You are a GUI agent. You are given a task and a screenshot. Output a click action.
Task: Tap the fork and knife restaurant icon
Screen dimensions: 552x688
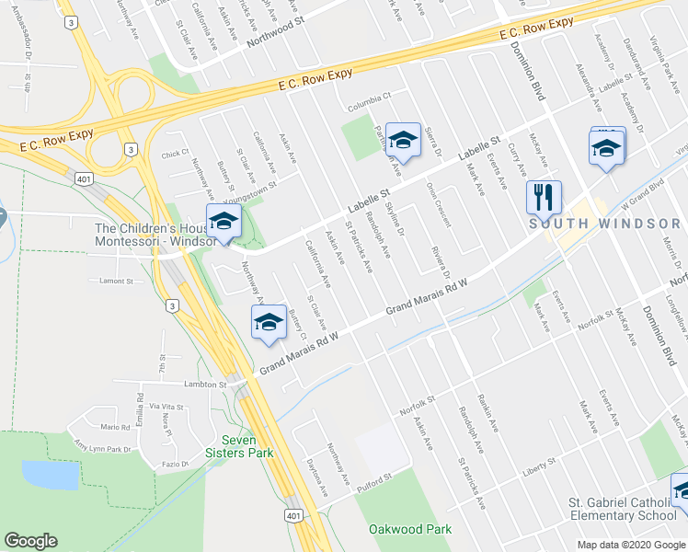point(540,196)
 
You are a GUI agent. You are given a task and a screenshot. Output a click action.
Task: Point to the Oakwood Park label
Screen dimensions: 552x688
point(410,529)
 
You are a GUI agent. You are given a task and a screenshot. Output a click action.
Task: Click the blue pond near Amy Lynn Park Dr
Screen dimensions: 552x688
point(50,475)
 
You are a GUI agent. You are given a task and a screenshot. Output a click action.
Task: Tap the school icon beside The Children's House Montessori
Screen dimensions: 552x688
point(224,222)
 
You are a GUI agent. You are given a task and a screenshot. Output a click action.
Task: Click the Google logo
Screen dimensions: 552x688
point(31,541)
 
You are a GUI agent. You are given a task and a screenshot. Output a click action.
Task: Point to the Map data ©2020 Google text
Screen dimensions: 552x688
point(630,544)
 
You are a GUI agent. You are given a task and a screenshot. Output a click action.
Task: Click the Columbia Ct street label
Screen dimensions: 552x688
point(369,96)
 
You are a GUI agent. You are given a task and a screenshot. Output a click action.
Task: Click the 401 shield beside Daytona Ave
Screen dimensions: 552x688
point(292,514)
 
